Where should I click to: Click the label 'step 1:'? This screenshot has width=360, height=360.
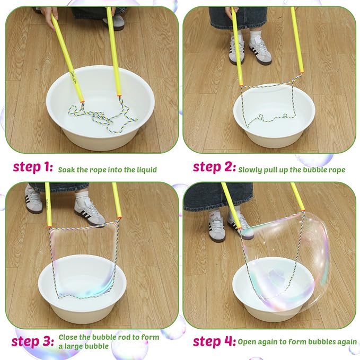(33, 168)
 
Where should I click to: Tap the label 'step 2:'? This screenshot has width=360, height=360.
(214, 168)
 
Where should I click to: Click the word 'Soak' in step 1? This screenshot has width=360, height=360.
(67, 169)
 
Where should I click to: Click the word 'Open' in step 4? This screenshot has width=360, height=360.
(247, 342)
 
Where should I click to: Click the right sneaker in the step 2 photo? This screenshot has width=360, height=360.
(260, 51)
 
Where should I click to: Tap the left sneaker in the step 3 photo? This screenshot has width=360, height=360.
(33, 200)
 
